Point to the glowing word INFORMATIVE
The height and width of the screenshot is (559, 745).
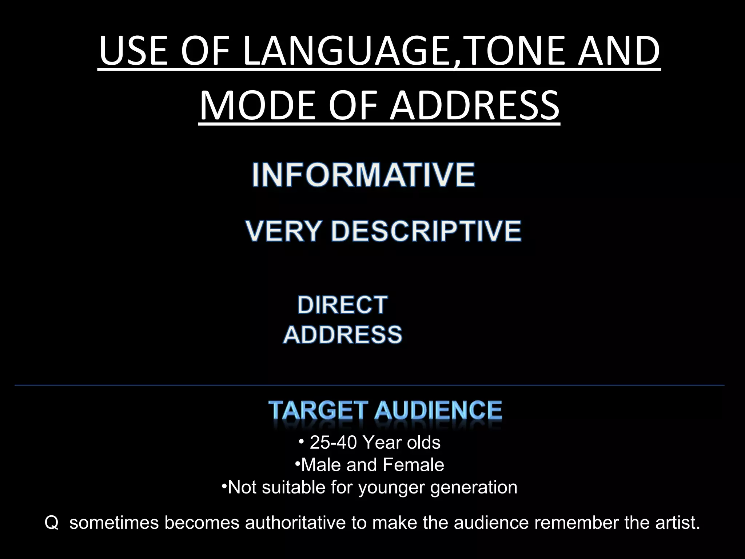coord(363,175)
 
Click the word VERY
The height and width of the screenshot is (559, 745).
coord(283,231)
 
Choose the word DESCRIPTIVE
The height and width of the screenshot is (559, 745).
coord(426,231)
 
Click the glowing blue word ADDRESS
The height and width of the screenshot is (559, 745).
coord(343,334)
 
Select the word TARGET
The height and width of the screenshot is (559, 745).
coord(318,410)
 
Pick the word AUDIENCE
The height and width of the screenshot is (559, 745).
coord(438,410)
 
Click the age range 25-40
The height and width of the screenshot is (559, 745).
coord(333,443)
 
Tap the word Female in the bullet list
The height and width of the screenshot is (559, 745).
coord(413,465)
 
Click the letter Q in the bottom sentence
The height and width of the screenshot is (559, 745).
coord(51,523)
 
